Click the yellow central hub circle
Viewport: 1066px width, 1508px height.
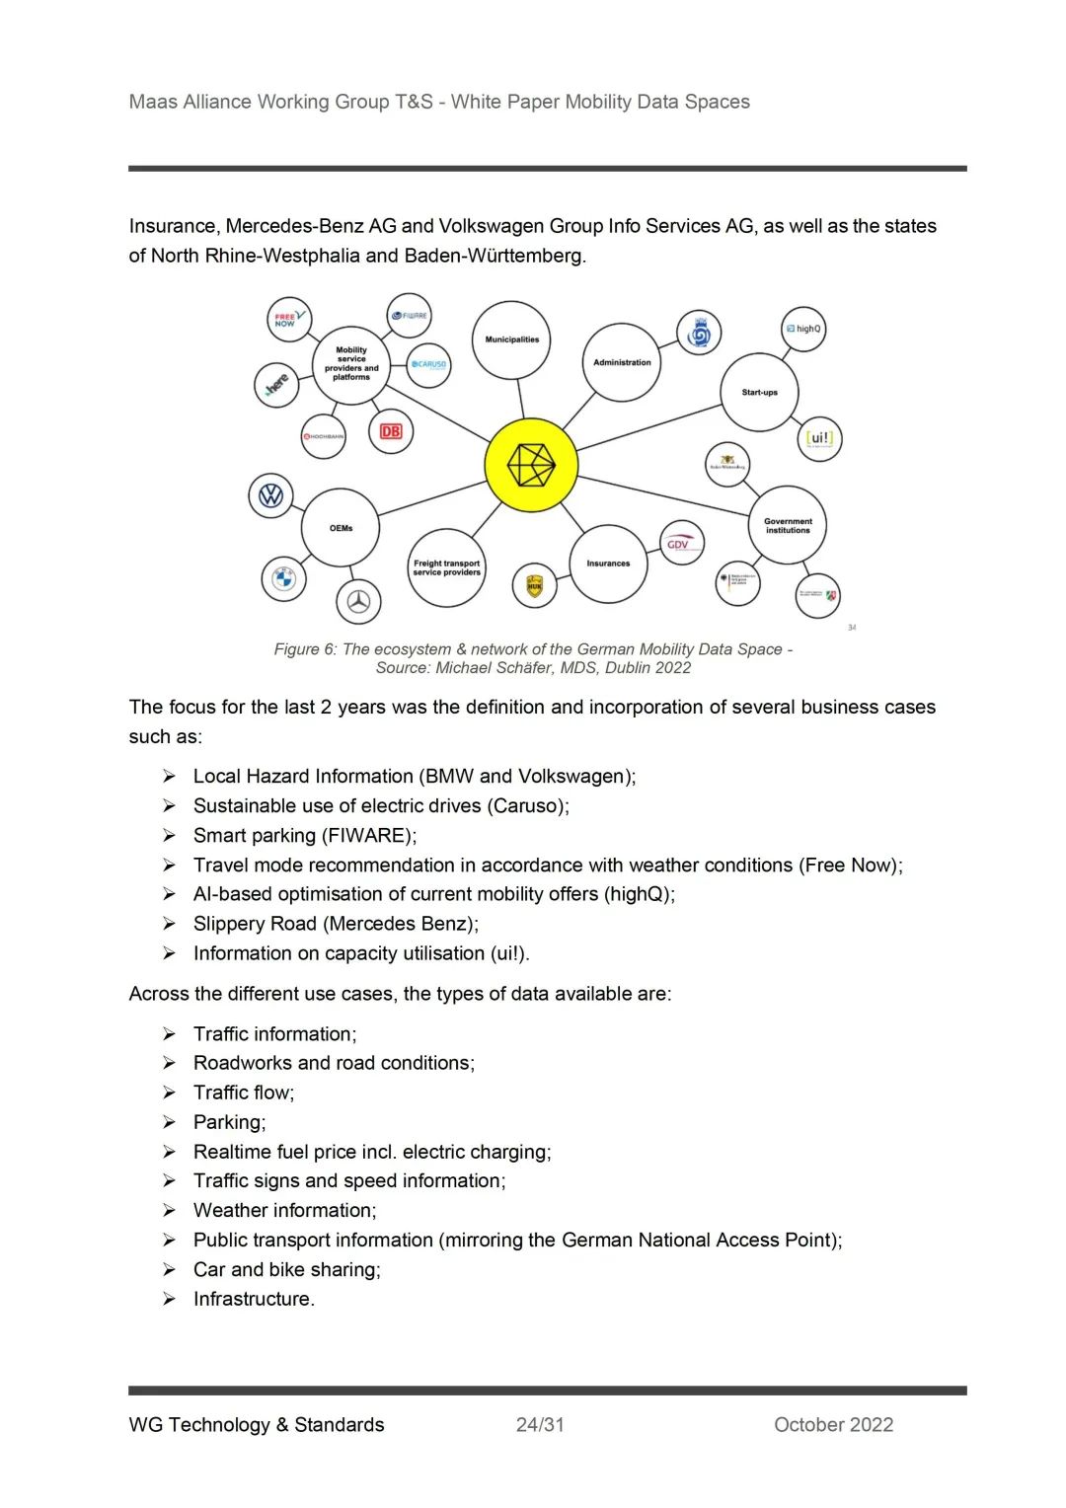[x=531, y=465]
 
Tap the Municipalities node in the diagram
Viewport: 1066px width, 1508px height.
[x=511, y=340]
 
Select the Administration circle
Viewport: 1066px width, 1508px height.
[x=622, y=362]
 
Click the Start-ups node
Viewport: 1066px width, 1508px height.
[x=759, y=393]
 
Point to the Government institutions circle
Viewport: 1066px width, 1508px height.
[x=788, y=525]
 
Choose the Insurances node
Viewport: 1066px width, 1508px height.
[x=608, y=564]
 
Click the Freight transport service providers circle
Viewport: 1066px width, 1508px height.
[x=446, y=567]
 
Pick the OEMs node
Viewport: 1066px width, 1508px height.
[x=341, y=528]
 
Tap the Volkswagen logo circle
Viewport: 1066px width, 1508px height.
[x=270, y=495]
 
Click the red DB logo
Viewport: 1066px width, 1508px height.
[x=391, y=431]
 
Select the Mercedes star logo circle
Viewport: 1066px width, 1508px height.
[x=358, y=601]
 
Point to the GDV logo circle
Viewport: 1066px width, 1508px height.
[x=681, y=543]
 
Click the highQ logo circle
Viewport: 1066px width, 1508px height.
[x=803, y=329]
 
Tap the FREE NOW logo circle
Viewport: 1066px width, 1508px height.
[x=289, y=320]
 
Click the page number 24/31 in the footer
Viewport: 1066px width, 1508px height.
[x=540, y=1424]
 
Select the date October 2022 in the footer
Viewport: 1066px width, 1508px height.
[x=833, y=1424]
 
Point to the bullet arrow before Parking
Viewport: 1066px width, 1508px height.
[x=170, y=1122]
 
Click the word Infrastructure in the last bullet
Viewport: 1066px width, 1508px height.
[x=253, y=1299]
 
